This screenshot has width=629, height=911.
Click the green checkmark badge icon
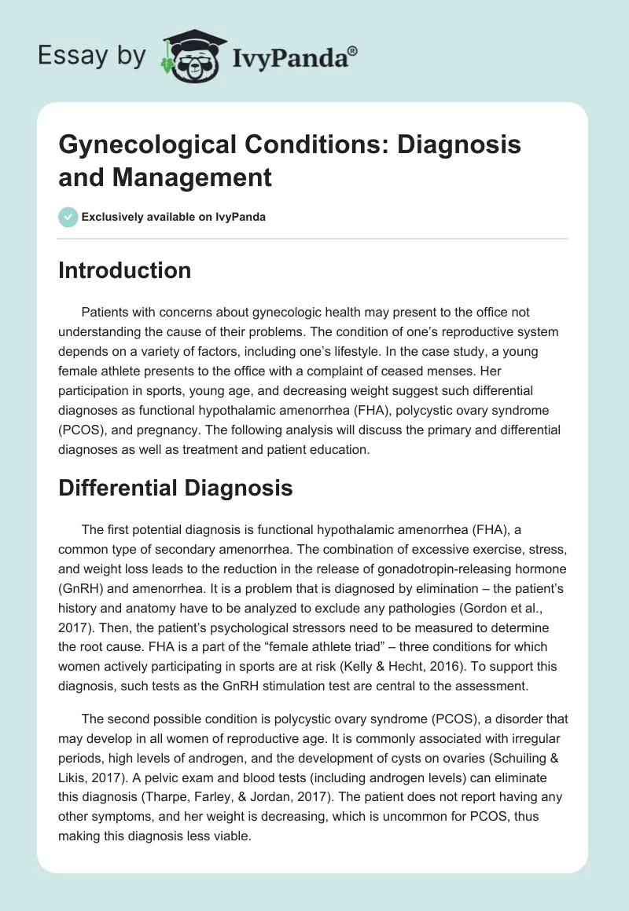click(68, 216)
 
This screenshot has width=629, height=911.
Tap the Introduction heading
click(124, 270)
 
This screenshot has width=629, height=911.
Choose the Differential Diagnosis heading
click(175, 488)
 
